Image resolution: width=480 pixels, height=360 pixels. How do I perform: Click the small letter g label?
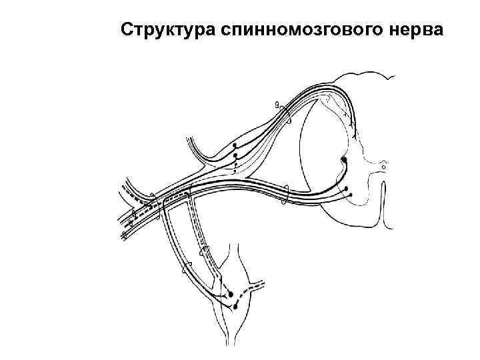[x=277, y=104]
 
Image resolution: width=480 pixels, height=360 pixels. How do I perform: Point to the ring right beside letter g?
[x=287, y=120]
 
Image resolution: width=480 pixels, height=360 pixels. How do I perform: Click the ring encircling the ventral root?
[x=286, y=194]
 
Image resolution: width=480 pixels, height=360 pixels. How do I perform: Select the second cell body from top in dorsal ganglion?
[x=235, y=157]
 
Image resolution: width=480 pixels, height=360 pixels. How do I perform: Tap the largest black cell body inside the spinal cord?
[x=343, y=161]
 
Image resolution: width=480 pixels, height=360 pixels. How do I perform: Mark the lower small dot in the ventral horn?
[x=351, y=195]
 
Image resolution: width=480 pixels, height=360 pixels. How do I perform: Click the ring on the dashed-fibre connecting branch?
[x=204, y=252]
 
